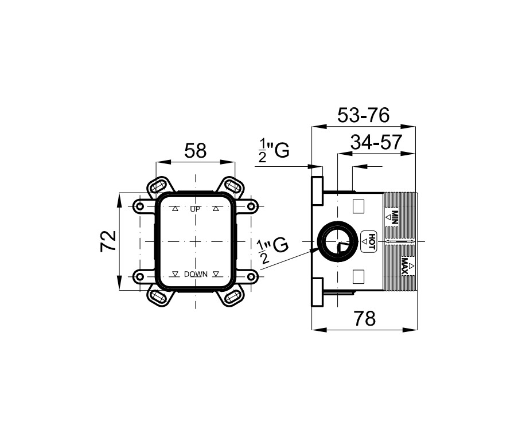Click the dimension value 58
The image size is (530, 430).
point(196,151)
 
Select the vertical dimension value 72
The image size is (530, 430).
point(108,241)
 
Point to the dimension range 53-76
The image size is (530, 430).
point(363,115)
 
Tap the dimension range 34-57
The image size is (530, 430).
point(376,143)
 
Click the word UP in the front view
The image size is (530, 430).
point(196,209)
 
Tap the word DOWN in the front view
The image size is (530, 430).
point(196,275)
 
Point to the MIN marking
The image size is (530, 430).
point(395,217)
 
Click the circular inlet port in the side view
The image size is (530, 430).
point(338,243)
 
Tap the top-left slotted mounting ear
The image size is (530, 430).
point(159,186)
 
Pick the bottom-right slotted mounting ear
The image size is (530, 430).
point(232,296)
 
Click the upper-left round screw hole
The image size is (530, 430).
point(139,205)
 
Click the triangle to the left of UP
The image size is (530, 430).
point(176,209)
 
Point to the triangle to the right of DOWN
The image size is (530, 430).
point(216,275)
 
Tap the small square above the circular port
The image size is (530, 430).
point(358,206)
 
